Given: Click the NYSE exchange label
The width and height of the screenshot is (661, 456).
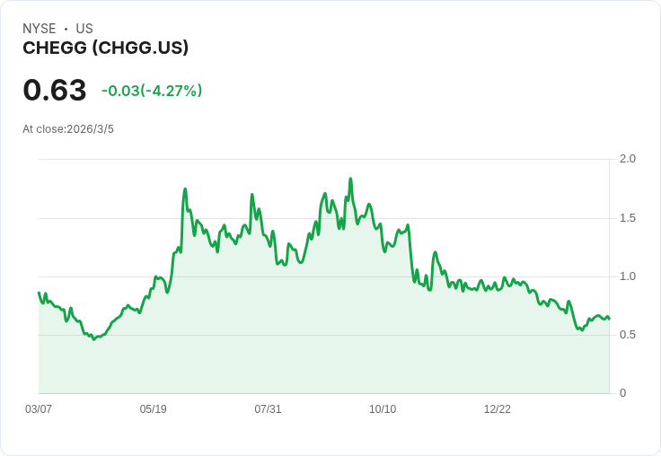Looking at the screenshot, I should pyautogui.click(x=40, y=29).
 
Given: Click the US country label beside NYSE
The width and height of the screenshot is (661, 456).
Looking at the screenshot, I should pyautogui.click(x=84, y=29).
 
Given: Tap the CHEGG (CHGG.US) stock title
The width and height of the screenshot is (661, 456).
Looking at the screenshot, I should pyautogui.click(x=105, y=48).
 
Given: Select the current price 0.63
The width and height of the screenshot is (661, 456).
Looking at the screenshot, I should pyautogui.click(x=55, y=91).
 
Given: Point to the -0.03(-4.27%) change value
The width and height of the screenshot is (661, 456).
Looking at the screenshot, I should pyautogui.click(x=152, y=91).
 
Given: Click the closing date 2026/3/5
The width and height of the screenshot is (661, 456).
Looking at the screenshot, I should pyautogui.click(x=90, y=129).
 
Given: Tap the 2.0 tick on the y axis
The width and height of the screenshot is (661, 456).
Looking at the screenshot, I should pyautogui.click(x=628, y=159).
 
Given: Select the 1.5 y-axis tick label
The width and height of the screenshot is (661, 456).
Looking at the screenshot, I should pyautogui.click(x=628, y=218).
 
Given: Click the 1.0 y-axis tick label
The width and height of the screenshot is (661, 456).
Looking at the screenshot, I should pyautogui.click(x=628, y=276).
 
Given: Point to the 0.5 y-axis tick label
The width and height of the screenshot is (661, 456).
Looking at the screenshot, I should pyautogui.click(x=628, y=335).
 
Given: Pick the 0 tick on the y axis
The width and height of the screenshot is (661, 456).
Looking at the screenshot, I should pyautogui.click(x=623, y=393).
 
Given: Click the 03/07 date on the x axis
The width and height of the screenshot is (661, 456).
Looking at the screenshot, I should pyautogui.click(x=39, y=409).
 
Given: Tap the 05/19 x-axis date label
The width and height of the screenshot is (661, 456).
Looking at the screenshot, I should pyautogui.click(x=154, y=409).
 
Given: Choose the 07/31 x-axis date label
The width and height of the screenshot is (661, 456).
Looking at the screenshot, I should pyautogui.click(x=268, y=409).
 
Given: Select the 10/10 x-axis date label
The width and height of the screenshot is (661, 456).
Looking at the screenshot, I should pyautogui.click(x=383, y=409).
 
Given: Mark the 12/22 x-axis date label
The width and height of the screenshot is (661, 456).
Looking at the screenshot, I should pyautogui.click(x=498, y=409).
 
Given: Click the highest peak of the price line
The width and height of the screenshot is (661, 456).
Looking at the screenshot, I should pyautogui.click(x=350, y=179).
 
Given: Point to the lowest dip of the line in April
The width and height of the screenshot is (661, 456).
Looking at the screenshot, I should pyautogui.click(x=94, y=339).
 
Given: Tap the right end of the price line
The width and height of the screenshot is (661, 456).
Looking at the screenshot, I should pyautogui.click(x=609, y=319).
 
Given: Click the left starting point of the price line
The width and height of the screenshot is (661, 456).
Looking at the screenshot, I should pyautogui.click(x=39, y=293).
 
